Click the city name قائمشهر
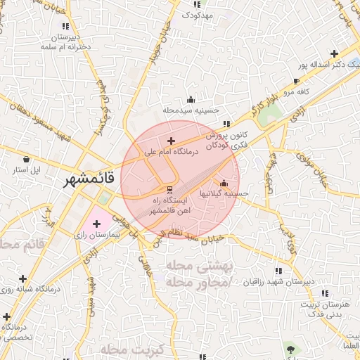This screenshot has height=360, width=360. tap(71, 181)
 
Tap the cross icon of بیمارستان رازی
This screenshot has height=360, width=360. tap(96, 224)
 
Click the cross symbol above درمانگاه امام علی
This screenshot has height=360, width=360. tap(171, 141)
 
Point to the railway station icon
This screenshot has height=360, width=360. tap(169, 189)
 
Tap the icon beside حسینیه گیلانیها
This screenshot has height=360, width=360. tap(224, 183)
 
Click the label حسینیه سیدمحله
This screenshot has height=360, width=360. tap(191, 110)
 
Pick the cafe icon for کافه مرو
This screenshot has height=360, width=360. tap(295, 82)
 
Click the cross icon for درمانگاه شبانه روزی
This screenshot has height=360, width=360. tap(23, 278)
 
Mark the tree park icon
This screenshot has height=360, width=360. tap(290, 348)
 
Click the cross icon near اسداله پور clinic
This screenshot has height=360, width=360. tap(335, 53)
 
